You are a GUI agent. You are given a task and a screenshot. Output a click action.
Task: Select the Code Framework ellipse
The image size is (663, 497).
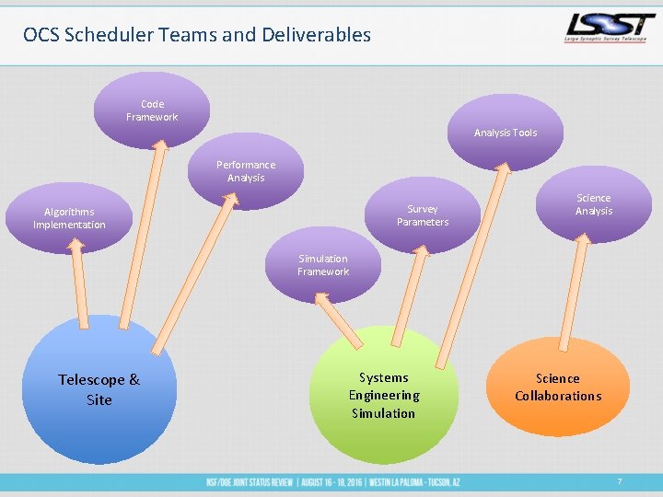[152, 110]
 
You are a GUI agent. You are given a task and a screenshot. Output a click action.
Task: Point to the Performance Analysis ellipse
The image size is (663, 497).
[245, 171]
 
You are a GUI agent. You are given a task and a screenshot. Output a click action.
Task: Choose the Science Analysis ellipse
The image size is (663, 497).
[594, 204]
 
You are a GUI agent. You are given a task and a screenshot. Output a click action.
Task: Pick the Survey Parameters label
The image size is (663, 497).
[423, 215]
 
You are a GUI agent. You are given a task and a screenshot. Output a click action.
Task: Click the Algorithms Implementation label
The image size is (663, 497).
[69, 218]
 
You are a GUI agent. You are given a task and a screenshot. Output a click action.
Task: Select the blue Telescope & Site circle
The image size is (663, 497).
[99, 389]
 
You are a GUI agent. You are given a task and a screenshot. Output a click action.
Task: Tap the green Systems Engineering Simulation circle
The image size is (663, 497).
[383, 395]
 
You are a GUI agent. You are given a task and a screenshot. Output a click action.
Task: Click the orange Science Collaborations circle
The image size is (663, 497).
[557, 387]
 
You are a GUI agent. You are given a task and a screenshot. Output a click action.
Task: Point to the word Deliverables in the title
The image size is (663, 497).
[319, 35]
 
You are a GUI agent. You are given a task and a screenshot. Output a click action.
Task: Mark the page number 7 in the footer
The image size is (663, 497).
[619, 481]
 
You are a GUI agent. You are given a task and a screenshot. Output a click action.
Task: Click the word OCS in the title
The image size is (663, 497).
[41, 35]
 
